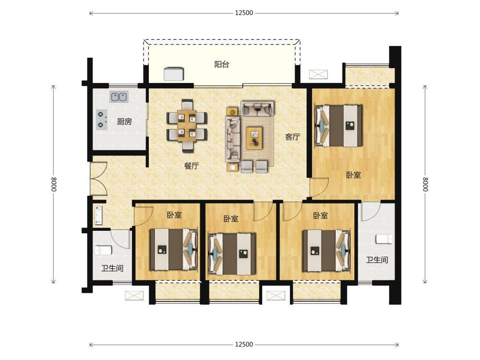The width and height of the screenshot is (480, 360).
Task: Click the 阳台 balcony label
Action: coord(222,65)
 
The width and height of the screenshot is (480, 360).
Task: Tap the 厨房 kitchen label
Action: coord(124,122)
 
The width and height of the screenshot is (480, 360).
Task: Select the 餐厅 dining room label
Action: coord(192,166)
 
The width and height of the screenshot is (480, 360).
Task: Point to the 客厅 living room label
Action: coord(292,137)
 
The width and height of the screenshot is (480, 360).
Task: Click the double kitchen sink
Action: coord(119,97)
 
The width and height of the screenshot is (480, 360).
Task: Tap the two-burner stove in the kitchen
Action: coord(101,120)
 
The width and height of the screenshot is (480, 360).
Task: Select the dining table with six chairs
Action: coord(187,125)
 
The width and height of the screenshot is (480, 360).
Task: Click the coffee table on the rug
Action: coord(254,138)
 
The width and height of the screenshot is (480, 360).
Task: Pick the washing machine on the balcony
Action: coord(174,74)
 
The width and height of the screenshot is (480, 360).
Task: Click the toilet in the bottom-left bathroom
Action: coord(103,250)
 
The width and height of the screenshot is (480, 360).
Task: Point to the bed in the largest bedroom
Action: coord(338,126)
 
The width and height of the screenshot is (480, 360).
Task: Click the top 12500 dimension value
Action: coord(244,13)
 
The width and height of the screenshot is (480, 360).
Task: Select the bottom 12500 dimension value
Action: coord(244,345)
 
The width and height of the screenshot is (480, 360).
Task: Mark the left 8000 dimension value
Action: coord(54,184)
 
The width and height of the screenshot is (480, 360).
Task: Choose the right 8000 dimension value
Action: coord(425,184)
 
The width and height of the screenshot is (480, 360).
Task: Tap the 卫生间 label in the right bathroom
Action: coord(377,260)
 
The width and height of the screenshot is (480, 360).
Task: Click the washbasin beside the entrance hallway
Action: coord(98,215)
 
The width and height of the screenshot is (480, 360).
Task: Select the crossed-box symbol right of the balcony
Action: coord(318,74)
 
